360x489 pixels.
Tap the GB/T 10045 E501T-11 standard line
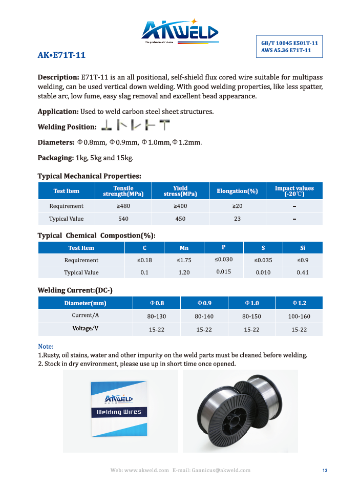pyautogui.click(x=289, y=43)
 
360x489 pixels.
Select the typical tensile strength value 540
pyautogui.click(x=123, y=219)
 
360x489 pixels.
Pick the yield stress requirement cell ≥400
pyautogui.click(x=181, y=206)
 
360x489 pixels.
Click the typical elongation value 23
pyautogui.click(x=237, y=219)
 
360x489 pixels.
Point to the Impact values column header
pyautogui.click(x=294, y=191)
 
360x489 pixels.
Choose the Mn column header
pyautogui.click(x=184, y=248)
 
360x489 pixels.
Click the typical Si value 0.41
pyautogui.click(x=303, y=272)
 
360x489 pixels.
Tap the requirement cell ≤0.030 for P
pyautogui.click(x=224, y=259)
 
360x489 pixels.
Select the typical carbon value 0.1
pyautogui.click(x=144, y=272)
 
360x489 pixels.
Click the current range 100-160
pyautogui.click(x=299, y=316)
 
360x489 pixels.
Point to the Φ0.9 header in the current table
pyautogui.click(x=204, y=303)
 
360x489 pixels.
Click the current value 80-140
pyautogui.click(x=204, y=316)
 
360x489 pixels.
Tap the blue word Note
pyautogui.click(x=46, y=346)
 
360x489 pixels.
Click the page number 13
pyautogui.click(x=325, y=471)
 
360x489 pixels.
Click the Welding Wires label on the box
pyautogui.click(x=119, y=412)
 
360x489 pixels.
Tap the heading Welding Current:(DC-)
pyautogui.click(x=75, y=290)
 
